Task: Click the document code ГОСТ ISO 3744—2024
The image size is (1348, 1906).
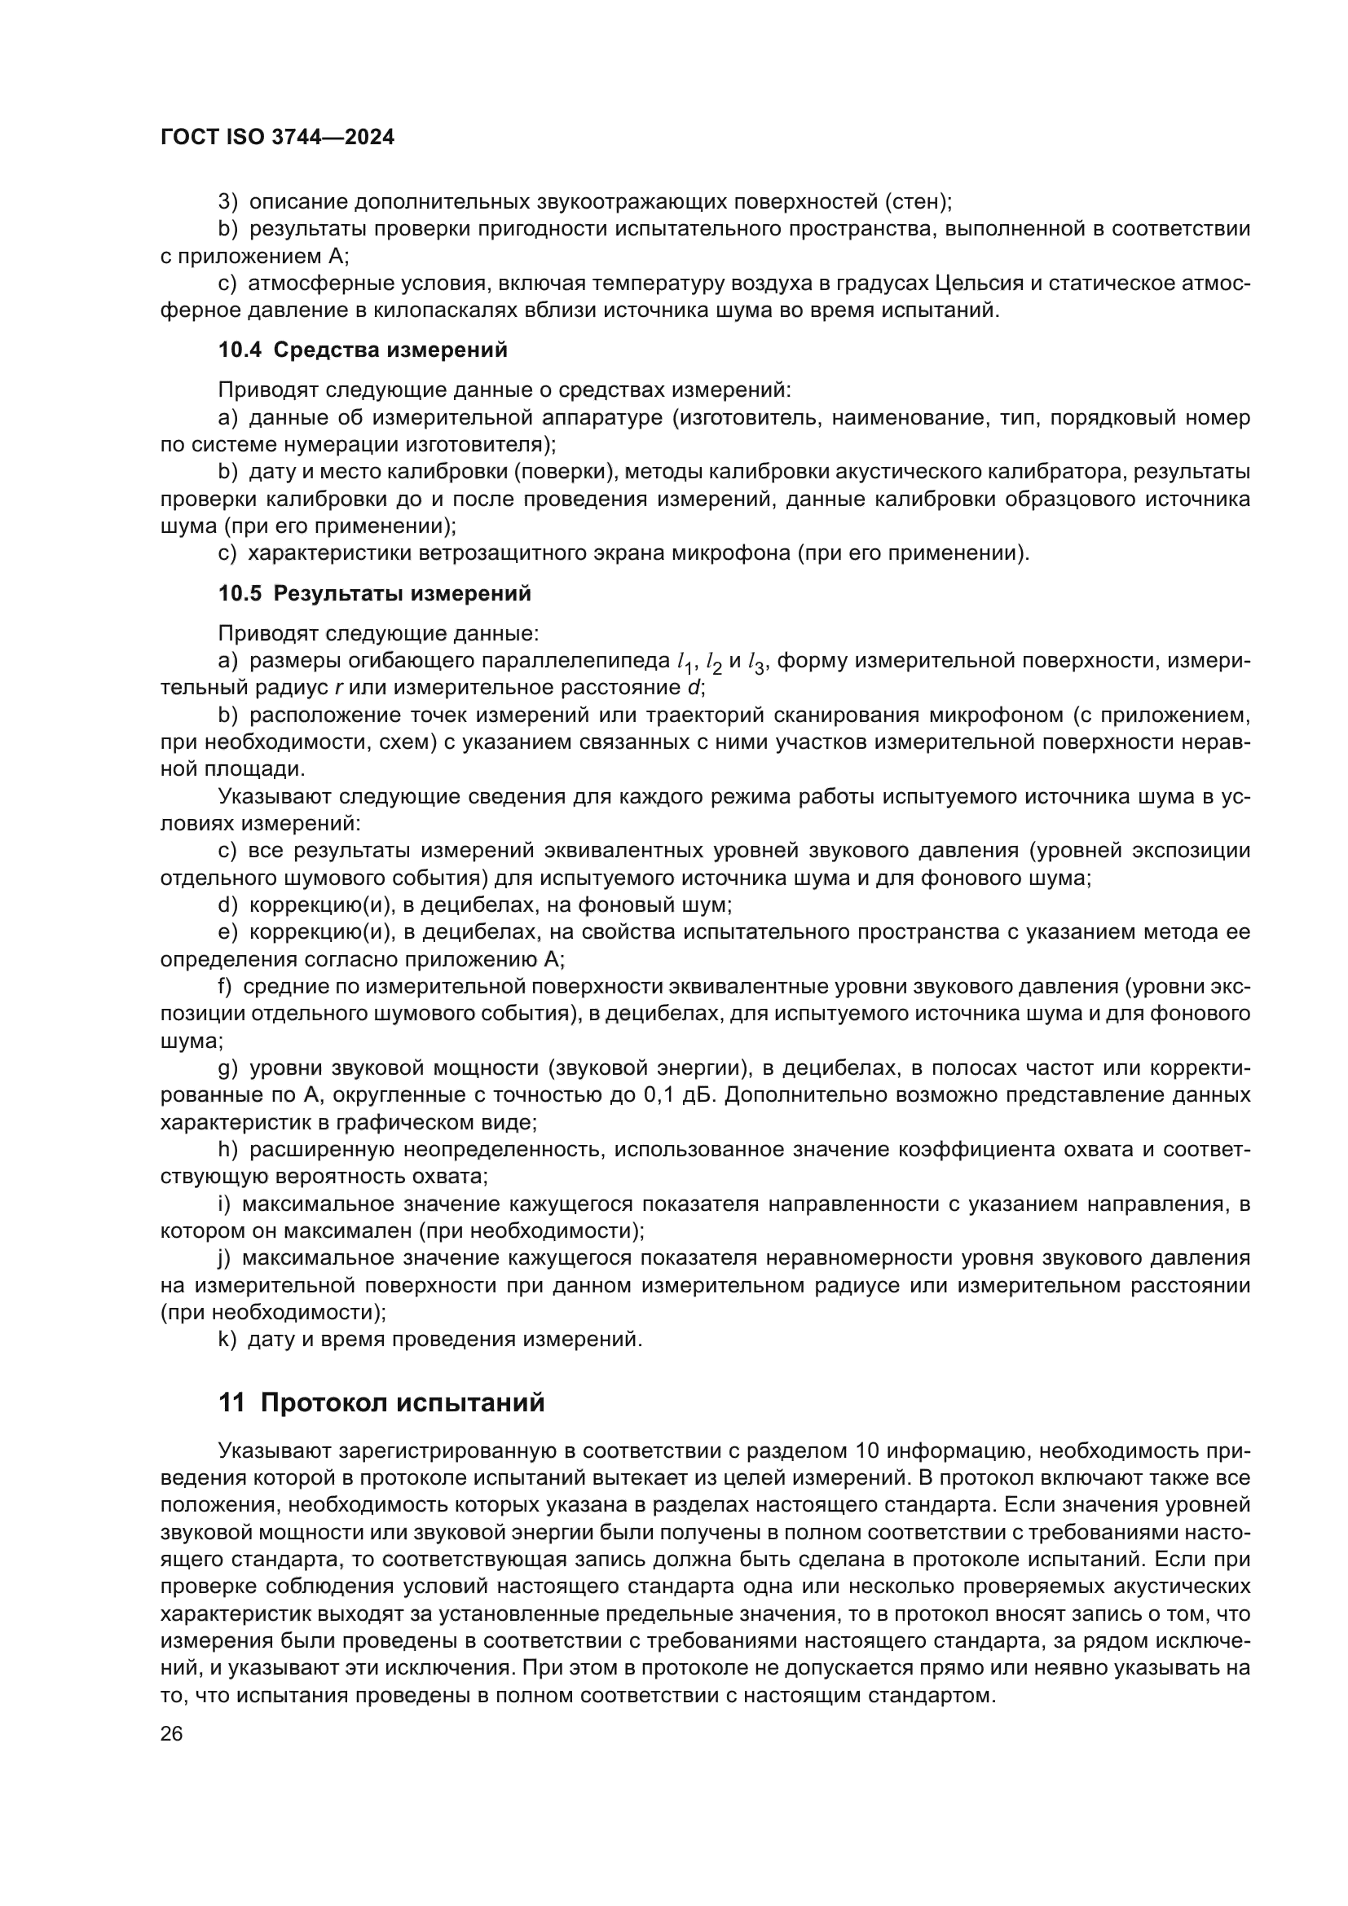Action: coord(277,138)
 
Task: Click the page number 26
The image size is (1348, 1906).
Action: coord(171,1733)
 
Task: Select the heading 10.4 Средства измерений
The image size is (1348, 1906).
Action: coord(363,350)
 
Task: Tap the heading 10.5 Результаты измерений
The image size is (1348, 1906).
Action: coord(374,593)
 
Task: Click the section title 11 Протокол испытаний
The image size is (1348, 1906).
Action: coord(381,1403)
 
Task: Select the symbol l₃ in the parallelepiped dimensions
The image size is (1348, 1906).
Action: coord(755,662)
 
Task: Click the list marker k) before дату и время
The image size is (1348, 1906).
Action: coord(227,1339)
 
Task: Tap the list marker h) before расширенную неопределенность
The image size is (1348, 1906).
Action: coord(227,1150)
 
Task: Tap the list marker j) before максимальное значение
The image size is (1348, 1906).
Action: coord(224,1257)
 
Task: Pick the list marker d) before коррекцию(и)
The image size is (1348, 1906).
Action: coord(227,905)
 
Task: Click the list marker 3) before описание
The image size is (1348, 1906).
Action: coord(227,202)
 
